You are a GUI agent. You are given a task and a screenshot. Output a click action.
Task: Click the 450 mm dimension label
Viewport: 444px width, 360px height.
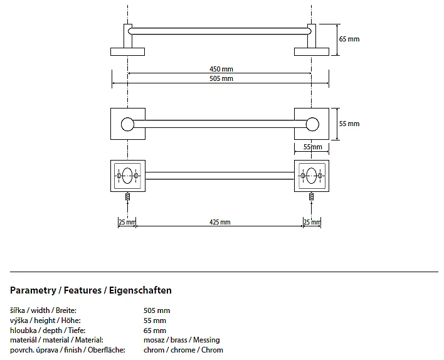pos(219,69)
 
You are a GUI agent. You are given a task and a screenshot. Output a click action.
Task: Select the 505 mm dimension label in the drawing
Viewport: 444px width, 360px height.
pos(221,78)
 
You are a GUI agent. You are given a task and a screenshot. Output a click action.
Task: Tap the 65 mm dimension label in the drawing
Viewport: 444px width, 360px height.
pos(349,39)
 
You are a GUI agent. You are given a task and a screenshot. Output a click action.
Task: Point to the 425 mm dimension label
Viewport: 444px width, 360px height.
pos(219,222)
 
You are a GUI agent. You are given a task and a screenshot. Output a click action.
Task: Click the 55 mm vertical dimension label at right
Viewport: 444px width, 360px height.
pos(349,124)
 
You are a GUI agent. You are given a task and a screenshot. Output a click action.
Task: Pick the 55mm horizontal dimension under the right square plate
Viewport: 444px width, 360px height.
pos(312,147)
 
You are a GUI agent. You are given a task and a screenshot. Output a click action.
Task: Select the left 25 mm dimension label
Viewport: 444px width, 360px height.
pos(126,222)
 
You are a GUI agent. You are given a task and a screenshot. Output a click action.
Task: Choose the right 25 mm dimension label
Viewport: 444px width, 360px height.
pos(312,222)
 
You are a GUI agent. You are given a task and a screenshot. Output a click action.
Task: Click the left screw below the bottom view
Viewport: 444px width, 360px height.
pos(128,195)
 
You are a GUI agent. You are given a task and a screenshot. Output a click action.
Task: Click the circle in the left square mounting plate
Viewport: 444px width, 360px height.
pos(128,124)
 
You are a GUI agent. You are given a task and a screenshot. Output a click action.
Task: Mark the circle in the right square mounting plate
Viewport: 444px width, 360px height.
pos(312,124)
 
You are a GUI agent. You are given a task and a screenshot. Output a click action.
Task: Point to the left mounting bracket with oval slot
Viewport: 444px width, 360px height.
pos(128,176)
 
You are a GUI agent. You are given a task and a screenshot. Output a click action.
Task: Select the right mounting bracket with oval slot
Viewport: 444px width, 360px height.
pos(312,176)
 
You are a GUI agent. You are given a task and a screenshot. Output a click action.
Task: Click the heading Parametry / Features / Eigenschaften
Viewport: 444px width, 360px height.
pos(91,290)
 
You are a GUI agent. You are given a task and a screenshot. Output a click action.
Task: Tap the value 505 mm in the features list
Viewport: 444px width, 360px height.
pos(157,310)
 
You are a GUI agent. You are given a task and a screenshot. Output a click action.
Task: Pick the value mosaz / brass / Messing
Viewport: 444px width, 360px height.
pos(182,340)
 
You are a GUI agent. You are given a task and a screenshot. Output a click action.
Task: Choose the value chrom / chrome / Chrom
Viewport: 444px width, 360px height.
pos(183,350)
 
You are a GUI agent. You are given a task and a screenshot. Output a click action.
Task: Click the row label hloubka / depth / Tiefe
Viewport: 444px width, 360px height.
pos(48,331)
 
